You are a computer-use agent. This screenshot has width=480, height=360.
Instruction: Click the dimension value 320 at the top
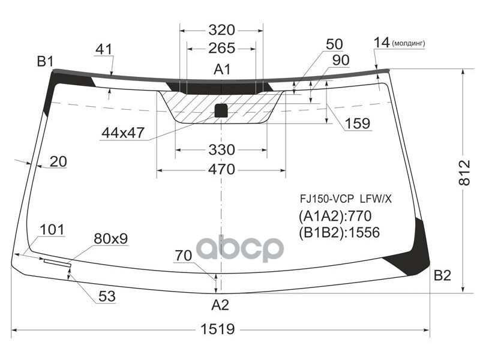(221, 31)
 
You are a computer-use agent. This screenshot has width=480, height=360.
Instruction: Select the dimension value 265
(221, 49)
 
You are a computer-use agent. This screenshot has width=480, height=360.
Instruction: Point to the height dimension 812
(469, 180)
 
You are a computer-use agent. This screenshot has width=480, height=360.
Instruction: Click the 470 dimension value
(221, 170)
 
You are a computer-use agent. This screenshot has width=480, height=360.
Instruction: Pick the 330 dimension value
(221, 149)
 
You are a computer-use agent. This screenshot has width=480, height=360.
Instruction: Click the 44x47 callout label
(122, 133)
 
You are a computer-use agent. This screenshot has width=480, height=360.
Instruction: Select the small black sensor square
(221, 110)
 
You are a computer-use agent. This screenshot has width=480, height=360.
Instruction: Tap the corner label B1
(46, 61)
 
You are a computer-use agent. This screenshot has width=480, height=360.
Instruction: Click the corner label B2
(442, 276)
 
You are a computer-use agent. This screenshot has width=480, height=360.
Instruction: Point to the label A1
(223, 70)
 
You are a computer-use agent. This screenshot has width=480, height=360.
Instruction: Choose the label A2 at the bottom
(220, 305)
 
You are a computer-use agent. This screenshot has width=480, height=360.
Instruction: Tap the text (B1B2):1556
(339, 232)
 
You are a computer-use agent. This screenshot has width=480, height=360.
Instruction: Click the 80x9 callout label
(111, 239)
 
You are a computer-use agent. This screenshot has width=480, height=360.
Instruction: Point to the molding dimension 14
(382, 42)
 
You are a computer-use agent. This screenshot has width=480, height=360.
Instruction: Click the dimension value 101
(53, 230)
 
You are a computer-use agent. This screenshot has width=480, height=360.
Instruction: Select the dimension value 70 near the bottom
(184, 255)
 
